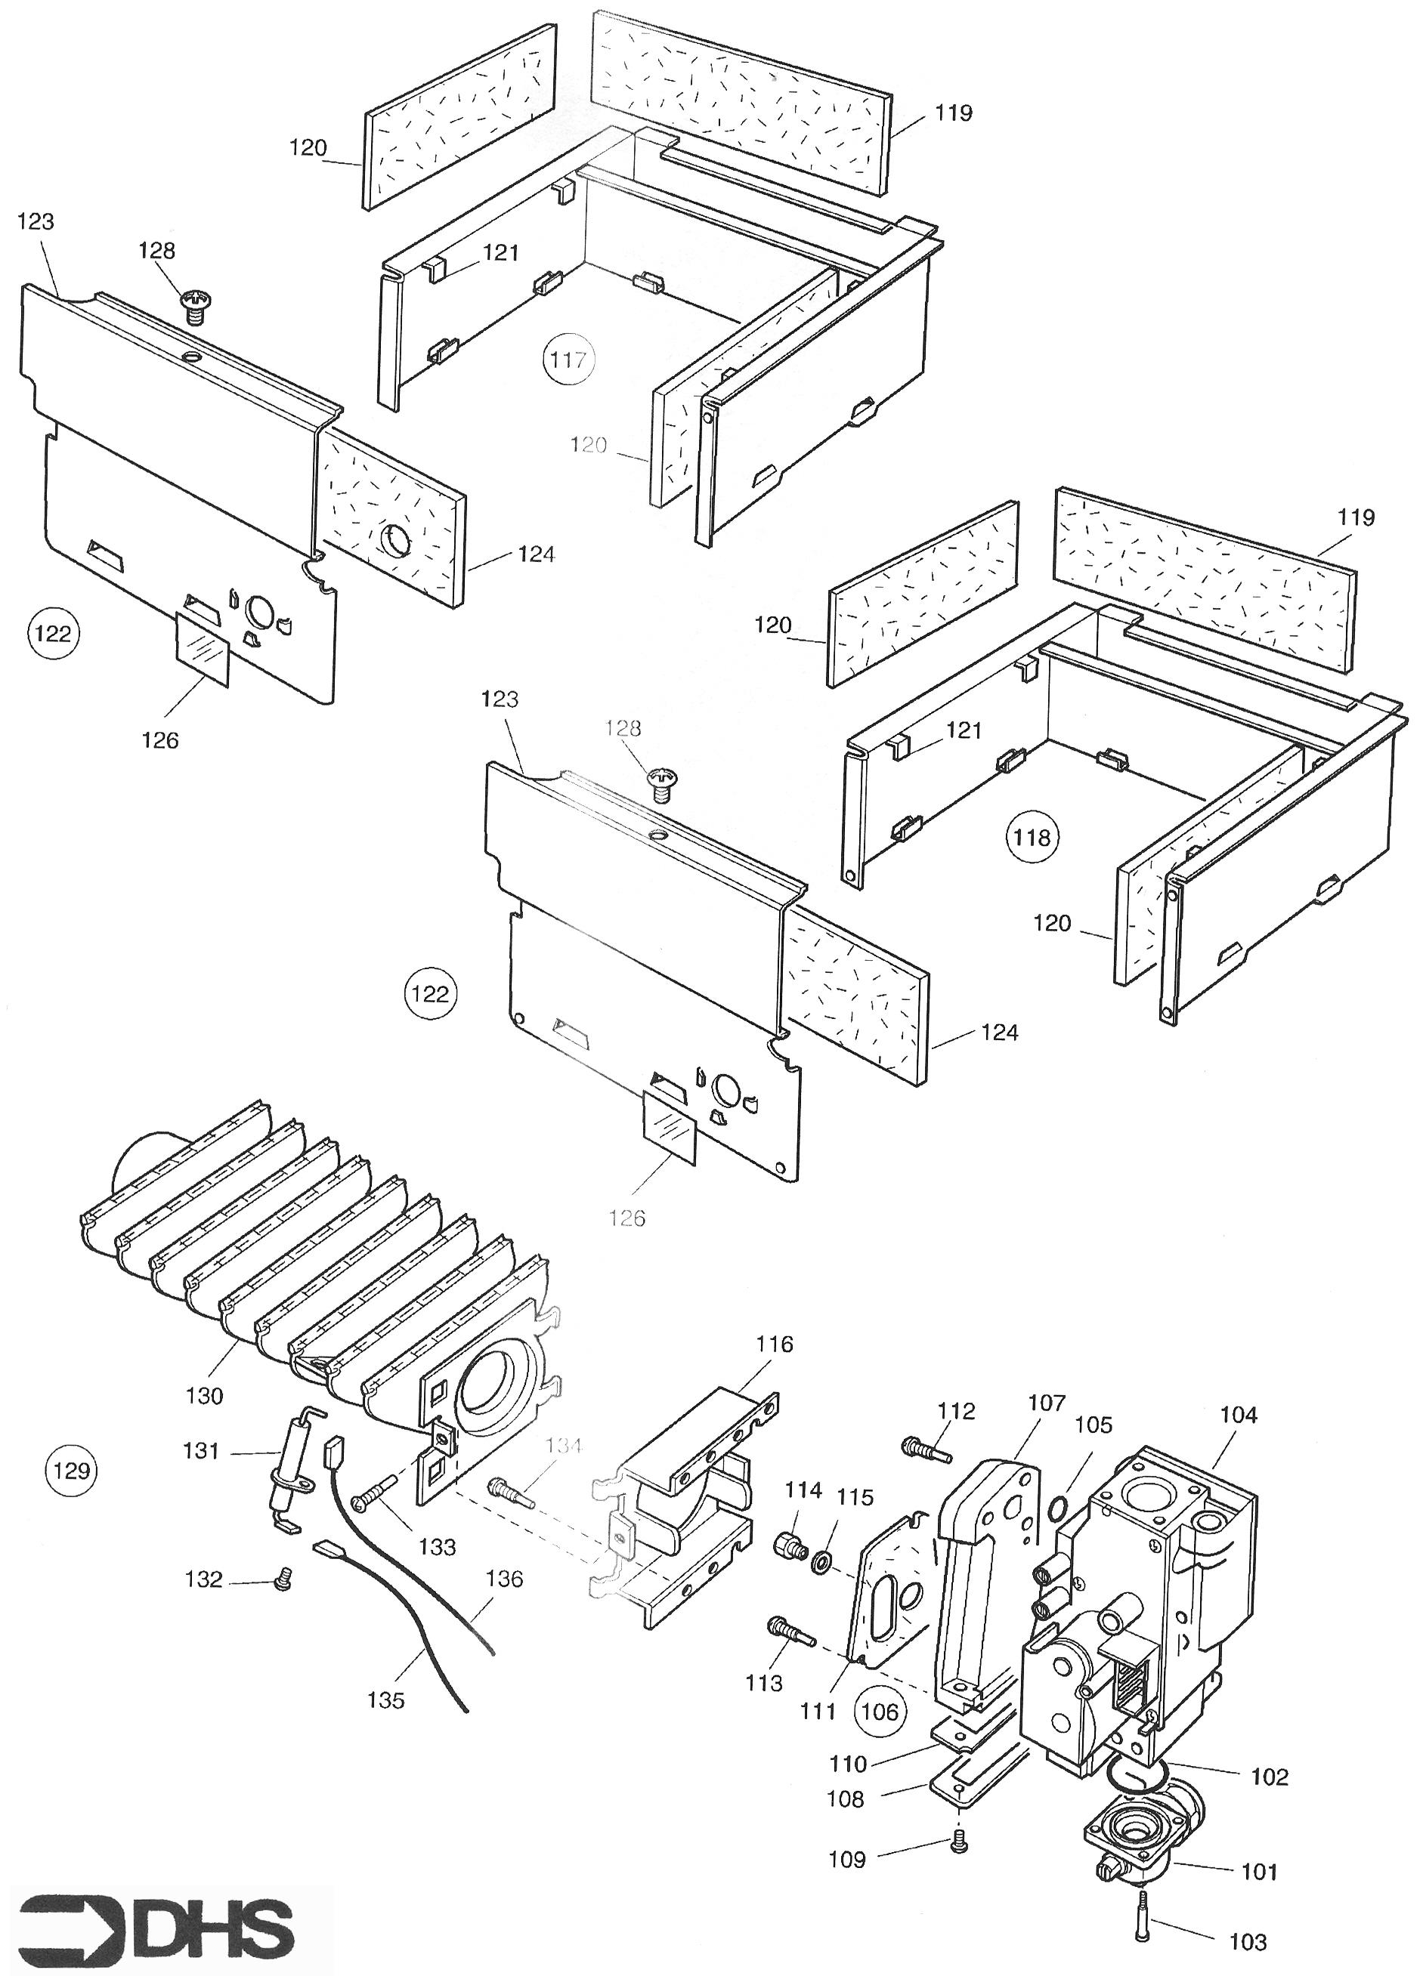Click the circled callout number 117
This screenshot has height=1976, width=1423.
pos(568,359)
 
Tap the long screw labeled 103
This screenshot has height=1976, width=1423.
pos(1143,1914)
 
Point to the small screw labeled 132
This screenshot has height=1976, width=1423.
pos(281,1579)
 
